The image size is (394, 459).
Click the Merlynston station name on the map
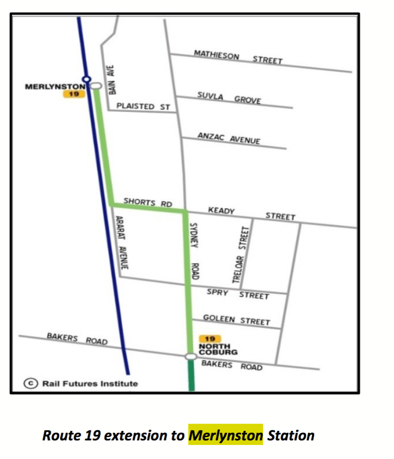[55, 87]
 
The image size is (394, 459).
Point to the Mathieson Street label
[238, 57]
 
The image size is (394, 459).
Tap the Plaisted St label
[143, 106]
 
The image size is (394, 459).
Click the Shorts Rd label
[148, 202]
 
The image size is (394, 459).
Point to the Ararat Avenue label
[120, 245]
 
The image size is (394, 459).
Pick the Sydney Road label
[195, 251]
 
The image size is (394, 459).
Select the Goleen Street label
[236, 320]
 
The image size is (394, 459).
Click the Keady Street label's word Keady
[221, 211]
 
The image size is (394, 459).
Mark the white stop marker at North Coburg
[190, 356]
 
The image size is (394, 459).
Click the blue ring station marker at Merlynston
[86, 79]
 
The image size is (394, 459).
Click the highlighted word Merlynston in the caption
[226, 435]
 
